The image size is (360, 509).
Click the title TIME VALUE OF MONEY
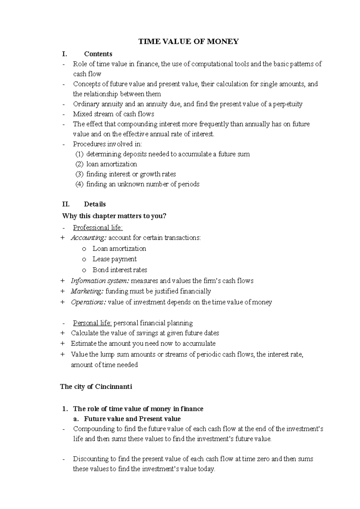coord(188,42)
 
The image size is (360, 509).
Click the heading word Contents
coord(98,54)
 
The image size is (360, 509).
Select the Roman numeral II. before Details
coord(66,204)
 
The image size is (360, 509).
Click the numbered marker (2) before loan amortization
coord(79,164)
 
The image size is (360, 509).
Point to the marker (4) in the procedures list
coord(79,184)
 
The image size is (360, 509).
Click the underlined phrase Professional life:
coord(98,228)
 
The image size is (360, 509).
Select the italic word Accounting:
coord(88,238)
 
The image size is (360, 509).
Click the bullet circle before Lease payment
coord(84,259)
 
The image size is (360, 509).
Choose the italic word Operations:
coord(88,302)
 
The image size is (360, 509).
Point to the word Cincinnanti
coord(113,387)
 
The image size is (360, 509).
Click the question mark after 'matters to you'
coord(164,216)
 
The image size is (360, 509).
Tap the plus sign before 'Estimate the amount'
coord(62,344)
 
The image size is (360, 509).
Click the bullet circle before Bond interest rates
coord(84,270)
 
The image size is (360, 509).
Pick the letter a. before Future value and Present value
coord(76,419)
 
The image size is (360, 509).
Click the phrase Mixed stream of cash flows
coord(113,114)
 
